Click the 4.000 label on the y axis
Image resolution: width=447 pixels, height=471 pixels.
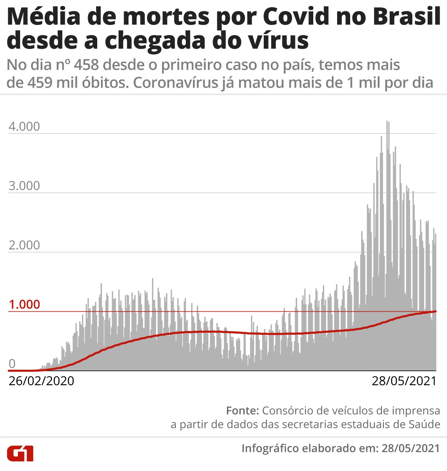[24, 127]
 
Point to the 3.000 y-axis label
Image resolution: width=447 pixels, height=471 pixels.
[24, 186]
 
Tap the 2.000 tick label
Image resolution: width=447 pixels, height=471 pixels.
[24, 245]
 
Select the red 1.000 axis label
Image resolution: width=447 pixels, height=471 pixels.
[24, 305]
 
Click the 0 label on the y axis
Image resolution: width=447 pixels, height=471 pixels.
[12, 364]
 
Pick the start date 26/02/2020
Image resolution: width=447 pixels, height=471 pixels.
[41, 381]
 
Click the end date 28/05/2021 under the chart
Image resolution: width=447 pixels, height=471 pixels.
[404, 381]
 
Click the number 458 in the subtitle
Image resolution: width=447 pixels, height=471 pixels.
[86, 65]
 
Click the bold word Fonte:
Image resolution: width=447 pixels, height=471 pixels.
[242, 411]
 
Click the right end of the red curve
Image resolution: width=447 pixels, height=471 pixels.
[435, 311]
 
